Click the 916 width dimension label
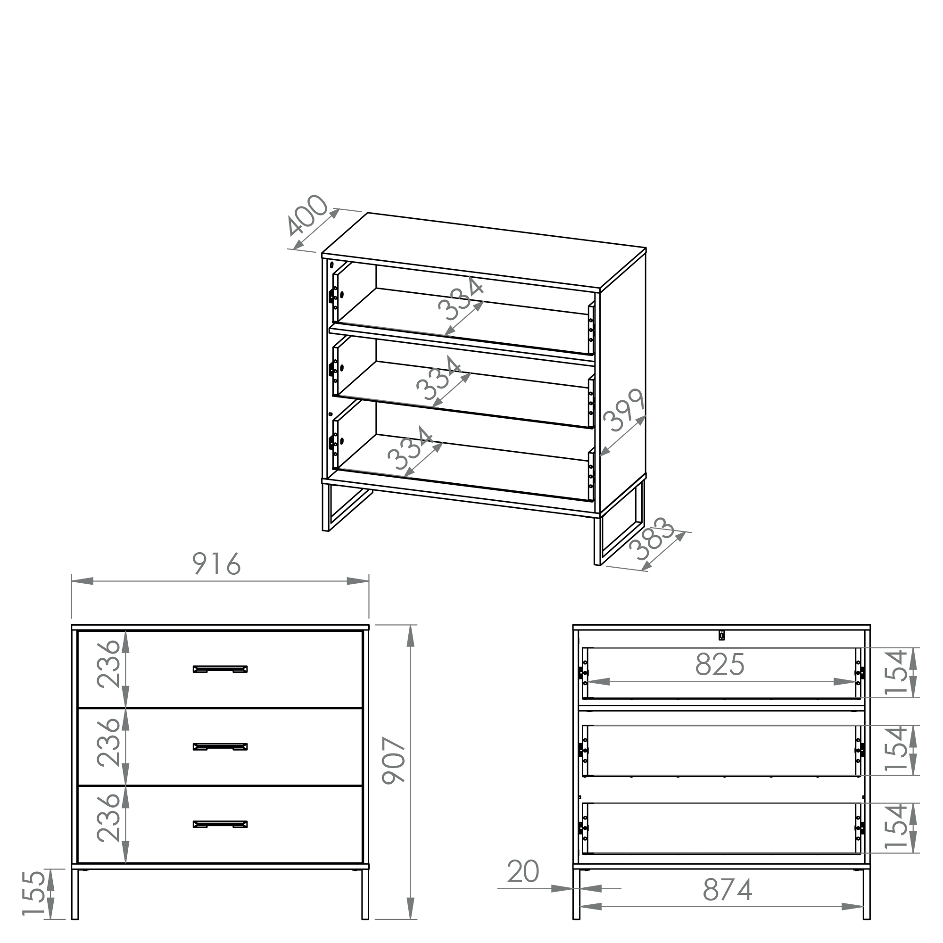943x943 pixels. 217,564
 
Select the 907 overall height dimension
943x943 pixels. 393,761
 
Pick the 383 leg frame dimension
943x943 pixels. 653,539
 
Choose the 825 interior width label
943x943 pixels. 720,664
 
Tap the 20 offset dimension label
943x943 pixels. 523,871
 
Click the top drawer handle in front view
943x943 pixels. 220,669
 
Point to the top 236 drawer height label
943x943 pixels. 108,664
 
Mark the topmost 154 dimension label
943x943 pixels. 896,671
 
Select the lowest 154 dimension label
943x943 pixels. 896,827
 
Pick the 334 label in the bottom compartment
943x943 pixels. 410,448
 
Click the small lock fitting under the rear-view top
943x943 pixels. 722,635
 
